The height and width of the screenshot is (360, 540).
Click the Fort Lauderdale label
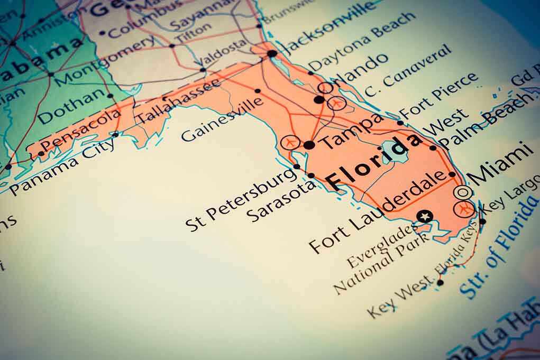point(379,212)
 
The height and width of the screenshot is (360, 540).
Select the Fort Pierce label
point(438,95)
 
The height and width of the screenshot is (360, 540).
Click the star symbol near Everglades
point(424,216)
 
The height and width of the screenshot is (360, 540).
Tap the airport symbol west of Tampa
point(290,142)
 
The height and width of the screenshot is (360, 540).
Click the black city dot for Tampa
point(309,145)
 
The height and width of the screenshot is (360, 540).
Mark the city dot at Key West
point(440,282)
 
